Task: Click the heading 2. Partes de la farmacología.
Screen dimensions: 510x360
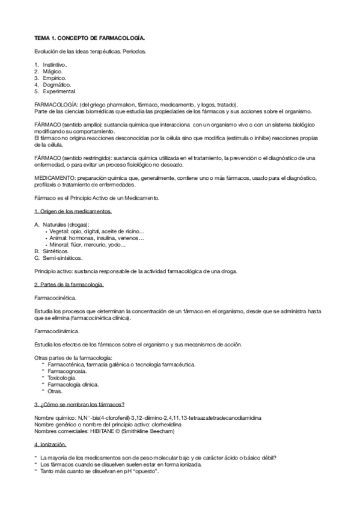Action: click(x=69, y=284)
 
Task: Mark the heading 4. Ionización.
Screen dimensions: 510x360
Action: click(x=54, y=444)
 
